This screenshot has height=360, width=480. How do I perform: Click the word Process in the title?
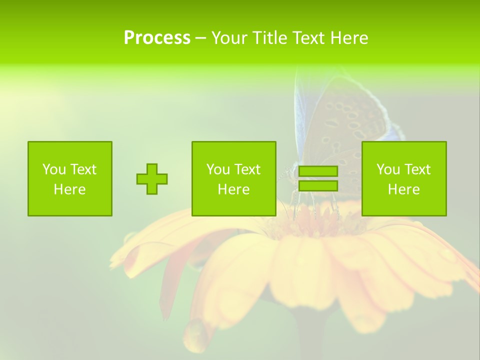click(157, 37)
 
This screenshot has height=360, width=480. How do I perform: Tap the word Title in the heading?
click(268, 37)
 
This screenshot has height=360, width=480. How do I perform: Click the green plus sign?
click(152, 179)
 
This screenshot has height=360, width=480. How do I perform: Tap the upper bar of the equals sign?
click(318, 171)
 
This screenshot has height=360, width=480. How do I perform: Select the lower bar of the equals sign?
click(318, 186)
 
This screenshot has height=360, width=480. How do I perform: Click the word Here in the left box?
click(70, 189)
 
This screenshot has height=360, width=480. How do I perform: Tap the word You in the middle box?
click(218, 169)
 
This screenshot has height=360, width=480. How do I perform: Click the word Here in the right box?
click(404, 189)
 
